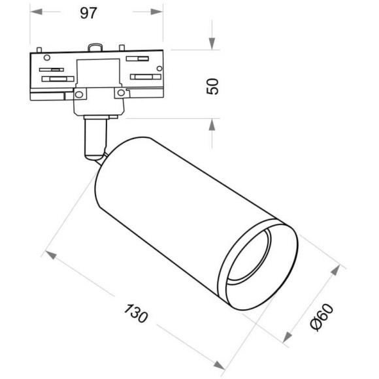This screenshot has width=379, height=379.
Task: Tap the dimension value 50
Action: pyautogui.click(x=212, y=86)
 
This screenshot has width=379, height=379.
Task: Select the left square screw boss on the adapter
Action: pyautogui.click(x=78, y=94)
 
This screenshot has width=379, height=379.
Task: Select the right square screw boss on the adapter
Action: pyautogui.click(x=120, y=94)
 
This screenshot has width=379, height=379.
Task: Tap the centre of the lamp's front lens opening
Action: pyautogui.click(x=257, y=262)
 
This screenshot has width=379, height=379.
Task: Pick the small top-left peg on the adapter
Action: pyautogui.click(x=41, y=50)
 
